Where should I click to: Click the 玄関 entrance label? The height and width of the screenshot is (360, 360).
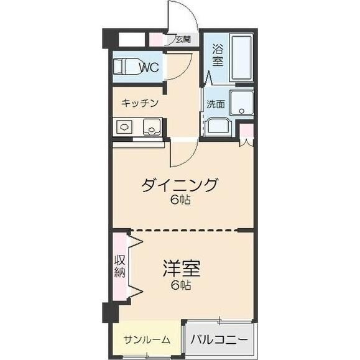(x=182, y=40)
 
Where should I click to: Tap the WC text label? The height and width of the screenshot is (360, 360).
(x=148, y=67)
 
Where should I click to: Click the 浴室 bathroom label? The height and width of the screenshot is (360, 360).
(x=218, y=55)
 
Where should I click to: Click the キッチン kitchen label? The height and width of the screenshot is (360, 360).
(x=140, y=103)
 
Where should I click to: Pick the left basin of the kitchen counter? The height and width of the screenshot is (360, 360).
(x=125, y=127)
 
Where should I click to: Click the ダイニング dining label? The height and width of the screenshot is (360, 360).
(x=180, y=185)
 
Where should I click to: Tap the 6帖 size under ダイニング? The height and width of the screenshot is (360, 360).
(x=180, y=200)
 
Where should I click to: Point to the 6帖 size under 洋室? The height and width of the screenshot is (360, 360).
(x=181, y=285)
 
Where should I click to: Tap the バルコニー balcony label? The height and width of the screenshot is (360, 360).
(x=219, y=340)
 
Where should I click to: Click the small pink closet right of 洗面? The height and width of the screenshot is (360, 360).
(x=247, y=132)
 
